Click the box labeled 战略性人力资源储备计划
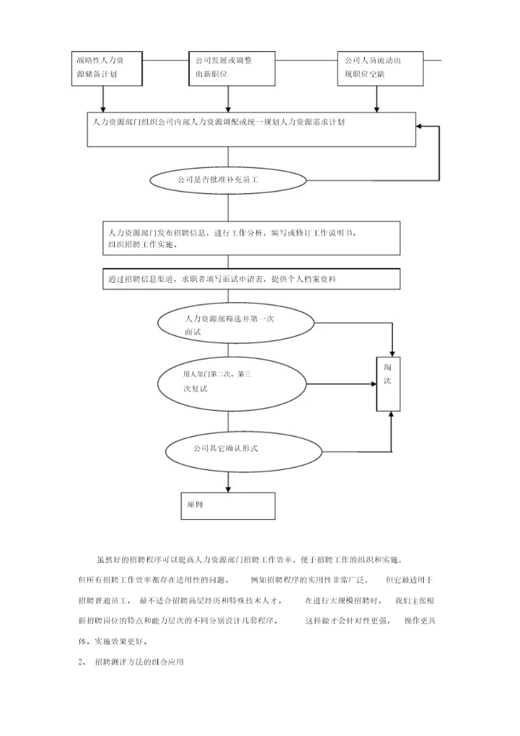(x=103, y=67)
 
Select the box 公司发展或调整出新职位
(x=228, y=67)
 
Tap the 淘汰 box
(x=387, y=384)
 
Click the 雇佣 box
(x=227, y=505)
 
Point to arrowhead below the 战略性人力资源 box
(x=103, y=108)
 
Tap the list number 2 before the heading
(x=80, y=662)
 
